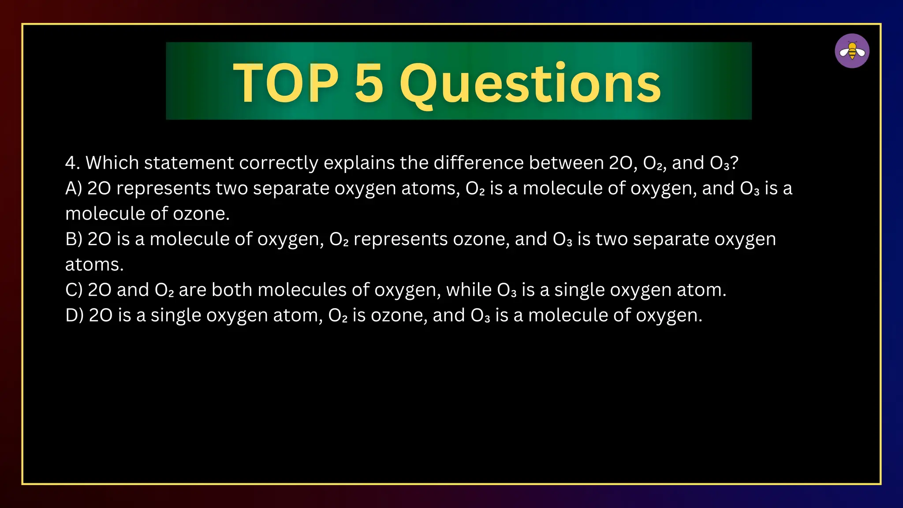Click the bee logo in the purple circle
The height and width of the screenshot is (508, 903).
pos(852,51)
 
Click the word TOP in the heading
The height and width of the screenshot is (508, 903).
pos(286,83)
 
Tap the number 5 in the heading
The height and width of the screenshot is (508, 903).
pos(369,83)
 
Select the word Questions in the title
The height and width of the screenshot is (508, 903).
pos(530,84)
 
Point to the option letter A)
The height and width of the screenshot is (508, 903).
pos(74,189)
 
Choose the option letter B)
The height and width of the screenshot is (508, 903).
pos(74,239)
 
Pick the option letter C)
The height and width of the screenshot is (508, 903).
pos(74,290)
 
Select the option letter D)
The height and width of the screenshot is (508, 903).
pos(74,316)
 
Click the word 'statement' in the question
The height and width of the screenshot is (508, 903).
pos(188,163)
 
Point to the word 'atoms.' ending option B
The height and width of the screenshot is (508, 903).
pos(94,265)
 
